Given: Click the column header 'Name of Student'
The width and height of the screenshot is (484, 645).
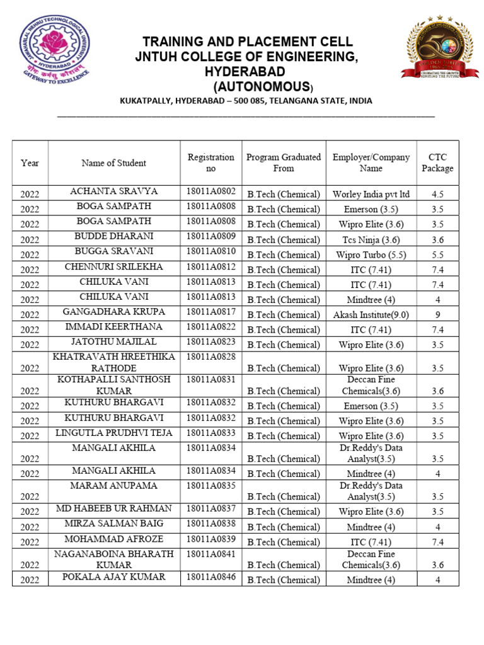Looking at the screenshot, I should tap(113, 163).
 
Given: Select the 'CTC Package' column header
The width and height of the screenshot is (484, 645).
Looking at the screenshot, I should tap(437, 163).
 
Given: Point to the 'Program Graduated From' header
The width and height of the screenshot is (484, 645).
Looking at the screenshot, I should tap(283, 163).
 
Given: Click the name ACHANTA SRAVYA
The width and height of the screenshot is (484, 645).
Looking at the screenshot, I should tap(113, 191).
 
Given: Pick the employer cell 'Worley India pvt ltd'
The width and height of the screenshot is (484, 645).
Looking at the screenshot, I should tap(371, 194).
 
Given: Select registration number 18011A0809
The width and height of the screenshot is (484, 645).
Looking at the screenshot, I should tap(211, 237).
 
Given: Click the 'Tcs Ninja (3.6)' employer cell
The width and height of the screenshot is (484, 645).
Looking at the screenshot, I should tap(371, 239).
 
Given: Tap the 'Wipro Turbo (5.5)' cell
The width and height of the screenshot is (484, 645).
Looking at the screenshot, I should tap(371, 254).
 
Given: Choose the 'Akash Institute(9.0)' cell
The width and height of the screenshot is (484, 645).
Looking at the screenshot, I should tap(371, 315).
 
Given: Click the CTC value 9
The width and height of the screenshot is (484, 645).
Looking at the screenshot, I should tap(437, 315).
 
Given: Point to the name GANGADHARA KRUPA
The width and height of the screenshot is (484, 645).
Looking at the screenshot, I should tap(113, 312).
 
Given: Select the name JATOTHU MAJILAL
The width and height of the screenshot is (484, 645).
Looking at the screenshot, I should tap(113, 342).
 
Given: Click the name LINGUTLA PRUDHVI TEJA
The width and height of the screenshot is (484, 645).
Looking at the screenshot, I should tap(113, 433).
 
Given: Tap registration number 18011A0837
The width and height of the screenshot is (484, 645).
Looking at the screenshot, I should tap(211, 509).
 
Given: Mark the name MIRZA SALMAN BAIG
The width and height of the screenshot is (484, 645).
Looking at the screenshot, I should tap(113, 524).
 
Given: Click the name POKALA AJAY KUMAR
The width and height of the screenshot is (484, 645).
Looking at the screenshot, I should tap(113, 577).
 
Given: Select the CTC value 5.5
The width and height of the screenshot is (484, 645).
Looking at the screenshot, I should tap(437, 254).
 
